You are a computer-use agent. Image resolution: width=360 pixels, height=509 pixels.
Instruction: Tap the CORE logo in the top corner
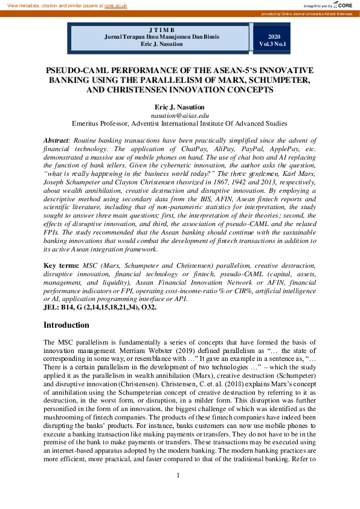click(x=344, y=5)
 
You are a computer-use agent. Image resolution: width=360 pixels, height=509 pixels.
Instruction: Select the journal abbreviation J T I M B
click(x=160, y=30)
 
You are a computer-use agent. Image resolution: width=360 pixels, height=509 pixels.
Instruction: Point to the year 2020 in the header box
click(x=274, y=36)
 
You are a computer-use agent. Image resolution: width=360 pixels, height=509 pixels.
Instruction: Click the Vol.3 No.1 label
click(x=274, y=44)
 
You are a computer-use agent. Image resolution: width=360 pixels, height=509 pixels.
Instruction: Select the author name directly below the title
click(x=179, y=106)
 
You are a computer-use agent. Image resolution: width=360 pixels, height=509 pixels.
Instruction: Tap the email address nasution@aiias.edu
click(x=179, y=115)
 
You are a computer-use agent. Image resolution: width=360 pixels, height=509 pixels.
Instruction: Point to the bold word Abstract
click(x=56, y=140)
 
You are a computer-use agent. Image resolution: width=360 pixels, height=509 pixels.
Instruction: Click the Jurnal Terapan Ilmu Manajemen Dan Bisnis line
click(x=160, y=37)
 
